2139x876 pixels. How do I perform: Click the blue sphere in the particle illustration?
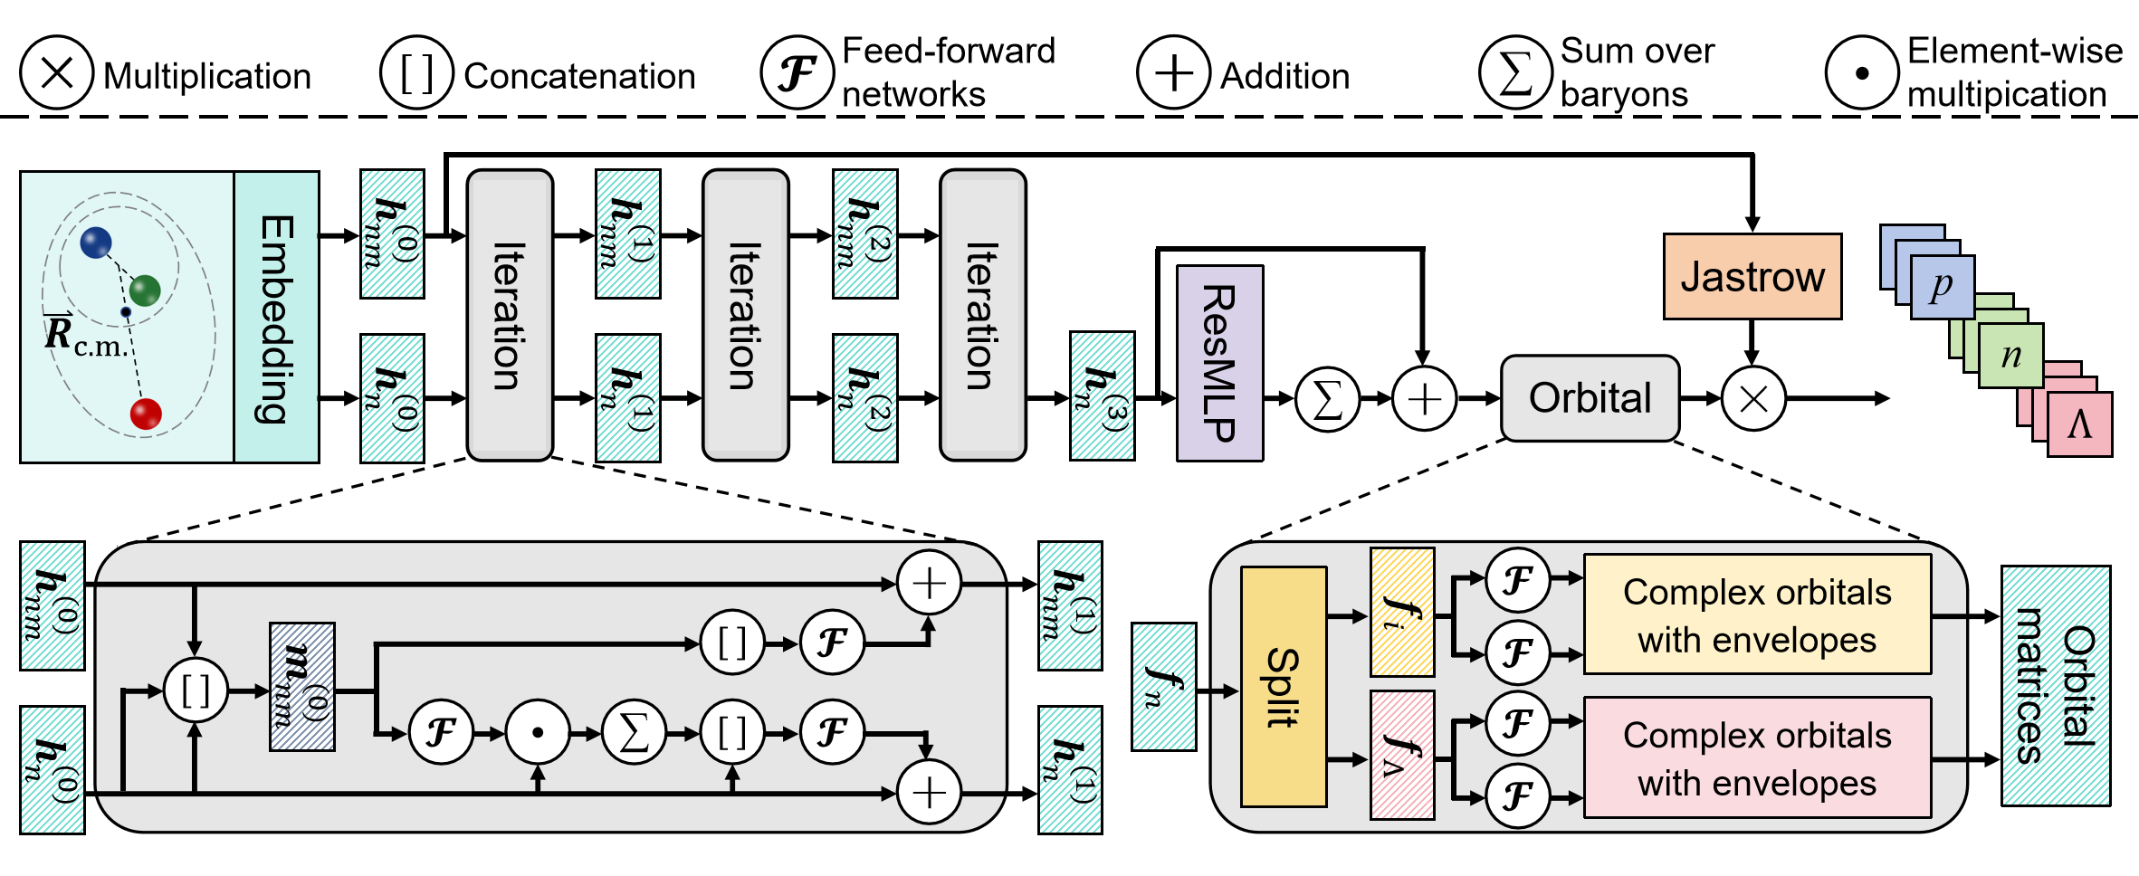[x=96, y=243]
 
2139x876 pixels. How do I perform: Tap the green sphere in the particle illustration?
[x=145, y=290]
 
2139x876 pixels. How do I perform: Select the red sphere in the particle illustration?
[x=146, y=414]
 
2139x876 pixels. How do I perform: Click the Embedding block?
[x=276, y=318]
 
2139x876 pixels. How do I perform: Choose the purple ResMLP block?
[x=1219, y=363]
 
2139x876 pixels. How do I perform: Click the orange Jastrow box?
[x=1752, y=277]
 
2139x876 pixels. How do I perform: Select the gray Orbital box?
[x=1590, y=398]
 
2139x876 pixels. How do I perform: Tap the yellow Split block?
[x=1283, y=687]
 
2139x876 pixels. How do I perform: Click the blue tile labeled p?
[x=1942, y=287]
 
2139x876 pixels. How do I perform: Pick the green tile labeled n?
[x=2010, y=356]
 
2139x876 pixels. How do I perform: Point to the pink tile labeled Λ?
[x=2079, y=424]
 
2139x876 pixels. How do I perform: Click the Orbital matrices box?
[x=2055, y=686]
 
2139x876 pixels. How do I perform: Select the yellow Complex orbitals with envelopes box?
[x=1756, y=615]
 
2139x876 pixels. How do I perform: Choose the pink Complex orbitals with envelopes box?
[x=1756, y=758]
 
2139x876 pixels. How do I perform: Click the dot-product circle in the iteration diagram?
[x=538, y=732]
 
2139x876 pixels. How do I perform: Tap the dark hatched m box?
[x=302, y=687]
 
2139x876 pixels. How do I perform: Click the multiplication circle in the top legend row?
[x=57, y=72]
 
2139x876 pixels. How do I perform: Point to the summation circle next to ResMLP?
[x=1327, y=399]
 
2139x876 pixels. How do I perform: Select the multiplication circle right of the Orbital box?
[x=1752, y=399]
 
